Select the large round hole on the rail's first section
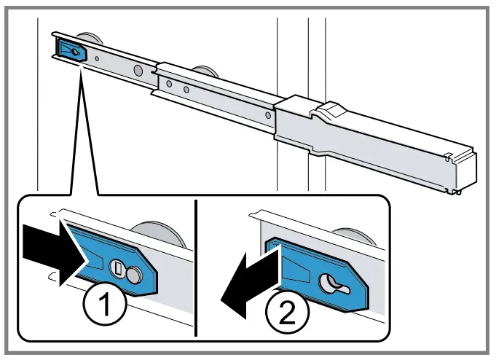click(x=136, y=71)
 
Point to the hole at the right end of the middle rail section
click(x=269, y=113)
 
